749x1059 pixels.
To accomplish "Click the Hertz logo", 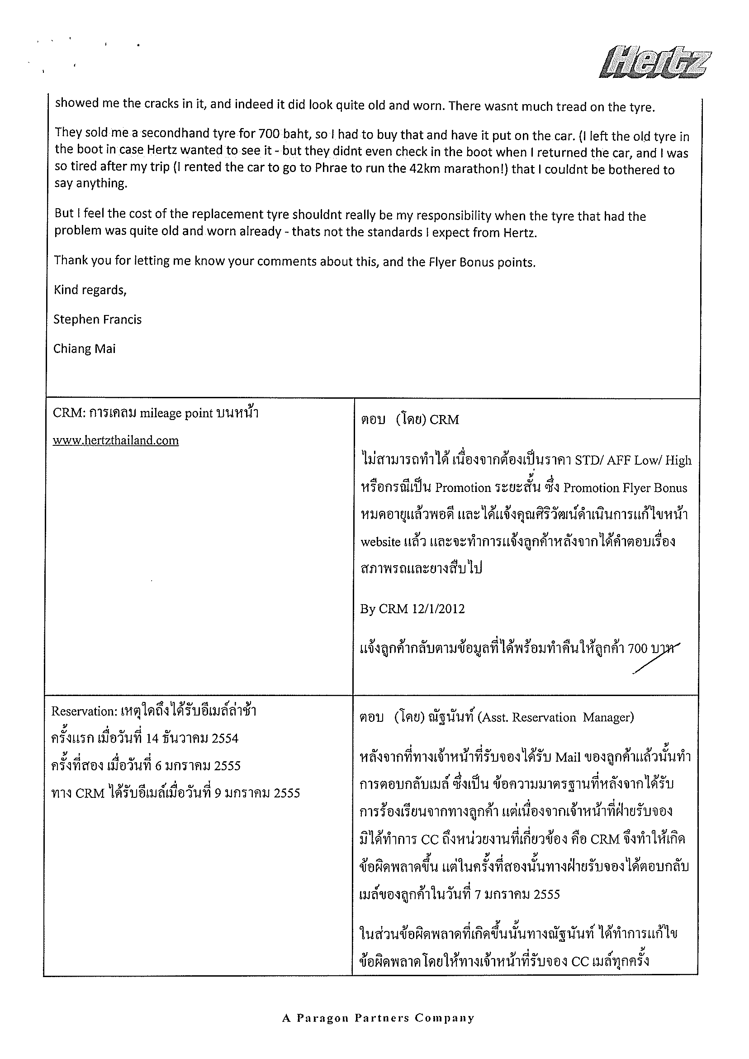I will click(655, 62).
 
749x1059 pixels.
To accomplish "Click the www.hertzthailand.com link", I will click(115, 441).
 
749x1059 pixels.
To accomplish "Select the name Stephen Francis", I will click(97, 320).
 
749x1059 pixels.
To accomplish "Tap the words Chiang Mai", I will click(84, 348).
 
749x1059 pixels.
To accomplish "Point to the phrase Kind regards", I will click(90, 290).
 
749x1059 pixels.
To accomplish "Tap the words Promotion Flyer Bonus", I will click(626, 488).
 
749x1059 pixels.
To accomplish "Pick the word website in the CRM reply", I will click(380, 542).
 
